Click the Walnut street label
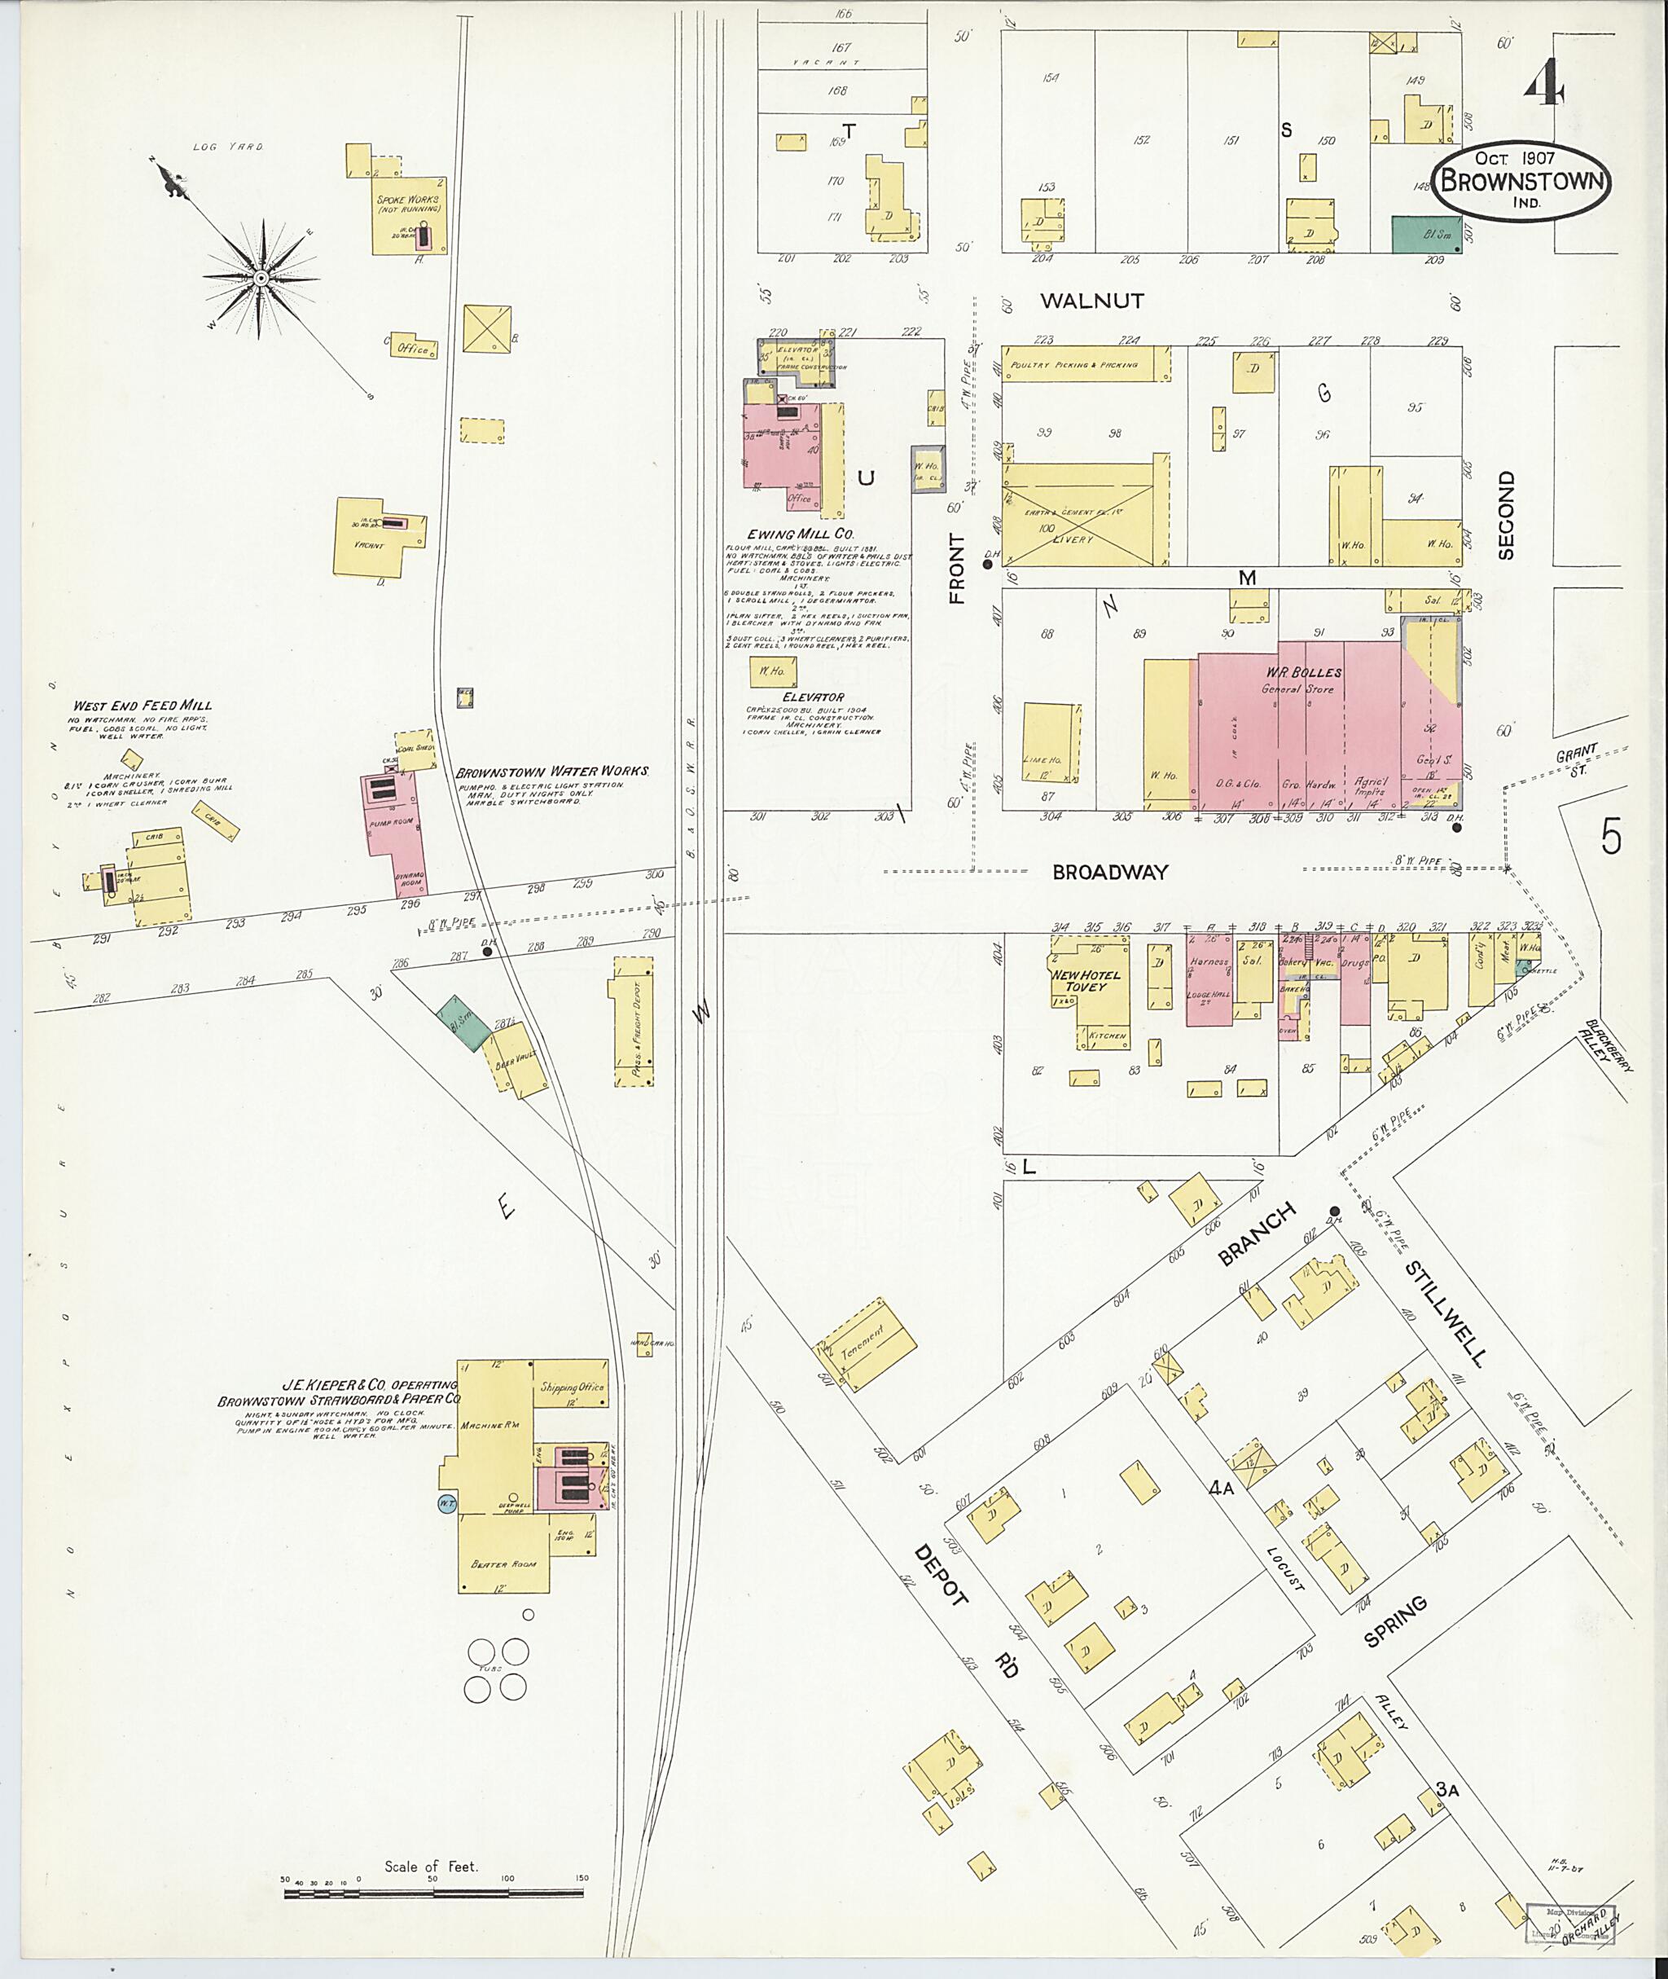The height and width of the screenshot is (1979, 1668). click(x=1092, y=301)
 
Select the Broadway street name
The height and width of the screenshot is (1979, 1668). click(x=1110, y=873)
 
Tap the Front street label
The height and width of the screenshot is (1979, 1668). click(x=958, y=569)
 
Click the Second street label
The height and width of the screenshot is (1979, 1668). click(x=1506, y=516)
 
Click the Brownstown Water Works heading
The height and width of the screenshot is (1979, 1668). click(x=552, y=771)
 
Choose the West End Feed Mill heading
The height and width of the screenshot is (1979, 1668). click(x=143, y=706)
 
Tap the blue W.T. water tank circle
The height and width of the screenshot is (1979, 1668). click(x=446, y=1502)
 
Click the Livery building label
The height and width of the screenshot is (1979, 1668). click(x=1073, y=539)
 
